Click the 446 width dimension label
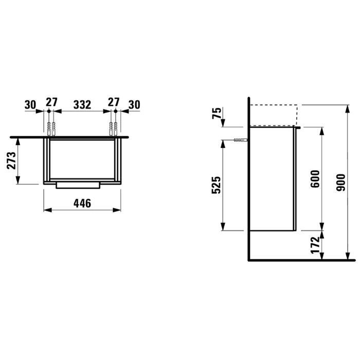point(82,204)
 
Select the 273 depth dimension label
point(11,160)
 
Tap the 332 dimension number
point(82,105)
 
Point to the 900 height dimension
point(340,183)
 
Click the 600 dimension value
point(315,179)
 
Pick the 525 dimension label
point(216,185)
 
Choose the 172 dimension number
point(315,245)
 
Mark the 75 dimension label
point(217,113)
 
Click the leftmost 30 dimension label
point(30,105)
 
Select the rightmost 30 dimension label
point(134,105)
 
